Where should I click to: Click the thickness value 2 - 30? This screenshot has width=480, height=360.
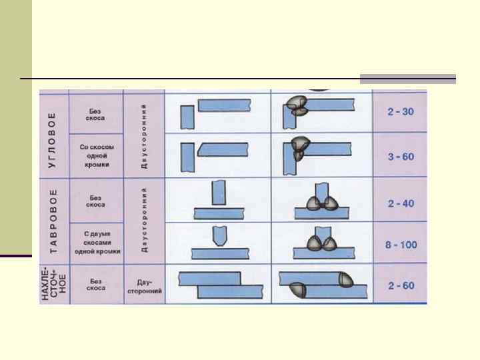(x=400, y=111)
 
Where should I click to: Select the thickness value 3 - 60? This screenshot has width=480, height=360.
(x=400, y=157)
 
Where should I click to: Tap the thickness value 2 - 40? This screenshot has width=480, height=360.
(x=400, y=203)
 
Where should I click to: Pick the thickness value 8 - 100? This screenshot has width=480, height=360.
(x=400, y=245)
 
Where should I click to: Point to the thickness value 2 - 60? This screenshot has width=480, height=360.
(x=400, y=286)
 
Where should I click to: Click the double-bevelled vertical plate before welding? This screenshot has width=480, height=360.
(x=218, y=236)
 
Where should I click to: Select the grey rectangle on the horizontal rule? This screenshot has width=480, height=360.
(x=408, y=79)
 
